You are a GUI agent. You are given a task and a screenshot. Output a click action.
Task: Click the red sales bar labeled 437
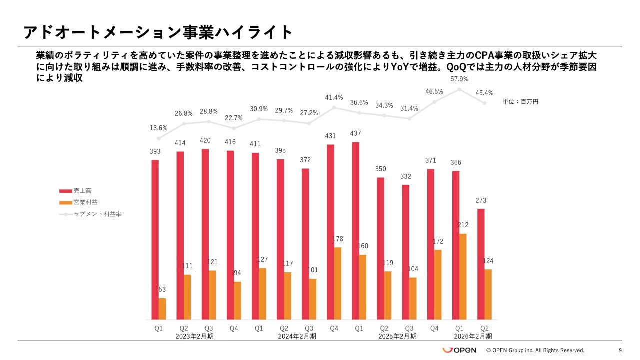[355, 231]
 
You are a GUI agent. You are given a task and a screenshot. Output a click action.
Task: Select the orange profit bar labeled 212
[463, 276]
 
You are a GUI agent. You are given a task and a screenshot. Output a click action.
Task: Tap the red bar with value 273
[481, 264]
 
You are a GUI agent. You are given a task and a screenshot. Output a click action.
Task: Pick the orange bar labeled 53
[162, 309]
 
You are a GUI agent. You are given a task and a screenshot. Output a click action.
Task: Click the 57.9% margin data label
[459, 79]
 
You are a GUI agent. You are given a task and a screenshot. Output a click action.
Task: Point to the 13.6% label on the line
[159, 128]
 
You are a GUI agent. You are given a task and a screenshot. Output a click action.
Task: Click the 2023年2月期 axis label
[195, 336]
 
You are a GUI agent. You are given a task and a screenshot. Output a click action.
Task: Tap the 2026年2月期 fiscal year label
[472, 336]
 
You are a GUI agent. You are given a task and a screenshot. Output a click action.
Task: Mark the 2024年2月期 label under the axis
[297, 336]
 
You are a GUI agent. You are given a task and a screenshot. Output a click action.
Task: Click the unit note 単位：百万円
[520, 101]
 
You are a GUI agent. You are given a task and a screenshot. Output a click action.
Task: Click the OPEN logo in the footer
[459, 350]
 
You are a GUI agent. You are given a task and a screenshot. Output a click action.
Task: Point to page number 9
[620, 350]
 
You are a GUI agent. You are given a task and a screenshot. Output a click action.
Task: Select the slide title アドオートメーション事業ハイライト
[158, 32]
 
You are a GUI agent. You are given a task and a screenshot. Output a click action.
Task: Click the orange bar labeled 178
[338, 283]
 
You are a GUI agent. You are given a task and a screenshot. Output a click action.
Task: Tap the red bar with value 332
[406, 252]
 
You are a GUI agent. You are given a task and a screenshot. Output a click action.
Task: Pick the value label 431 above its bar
[330, 136]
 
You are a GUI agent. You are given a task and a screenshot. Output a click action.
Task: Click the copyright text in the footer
[535, 350]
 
